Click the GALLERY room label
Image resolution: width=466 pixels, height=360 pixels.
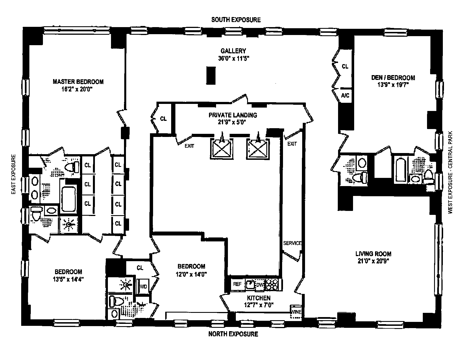click(233, 51)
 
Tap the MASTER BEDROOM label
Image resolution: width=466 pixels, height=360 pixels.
click(78, 82)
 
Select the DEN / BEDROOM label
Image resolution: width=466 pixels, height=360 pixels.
click(393, 78)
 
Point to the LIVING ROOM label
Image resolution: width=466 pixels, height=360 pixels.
click(373, 254)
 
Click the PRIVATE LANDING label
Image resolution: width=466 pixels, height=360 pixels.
click(233, 115)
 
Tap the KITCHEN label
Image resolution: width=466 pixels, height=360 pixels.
click(259, 298)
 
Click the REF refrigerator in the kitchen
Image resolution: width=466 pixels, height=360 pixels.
click(237, 284)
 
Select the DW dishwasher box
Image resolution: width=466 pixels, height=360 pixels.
click(260, 285)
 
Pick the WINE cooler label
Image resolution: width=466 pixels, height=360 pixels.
click(296, 312)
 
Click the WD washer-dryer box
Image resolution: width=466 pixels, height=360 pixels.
click(143, 287)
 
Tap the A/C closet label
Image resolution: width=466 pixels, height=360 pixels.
click(345, 95)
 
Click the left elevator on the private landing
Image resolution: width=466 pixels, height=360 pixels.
click(221, 149)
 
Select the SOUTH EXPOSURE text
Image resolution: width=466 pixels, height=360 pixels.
click(236, 20)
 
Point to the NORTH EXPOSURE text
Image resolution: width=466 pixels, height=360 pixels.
click(233, 334)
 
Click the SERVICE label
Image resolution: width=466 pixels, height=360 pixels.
click(292, 243)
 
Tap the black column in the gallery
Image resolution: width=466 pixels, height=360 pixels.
click(211, 75)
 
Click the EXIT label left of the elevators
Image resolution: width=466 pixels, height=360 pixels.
click(189, 146)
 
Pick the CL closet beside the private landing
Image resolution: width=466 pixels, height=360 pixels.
click(164, 119)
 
